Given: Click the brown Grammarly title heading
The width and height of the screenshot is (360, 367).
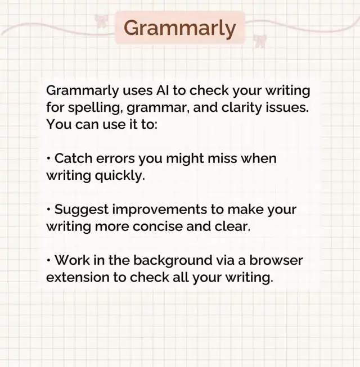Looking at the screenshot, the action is [179, 28].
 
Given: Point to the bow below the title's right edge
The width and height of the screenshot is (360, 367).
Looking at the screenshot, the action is [260, 41].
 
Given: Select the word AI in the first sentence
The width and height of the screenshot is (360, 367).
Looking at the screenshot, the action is [163, 90].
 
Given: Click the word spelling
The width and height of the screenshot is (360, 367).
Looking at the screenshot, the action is [96, 108].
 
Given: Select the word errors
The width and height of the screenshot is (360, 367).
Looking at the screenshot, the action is [115, 159].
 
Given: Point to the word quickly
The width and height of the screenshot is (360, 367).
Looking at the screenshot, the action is [120, 176].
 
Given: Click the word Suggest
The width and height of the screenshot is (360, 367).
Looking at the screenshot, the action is [81, 210].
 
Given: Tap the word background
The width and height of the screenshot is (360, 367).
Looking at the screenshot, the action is [173, 261].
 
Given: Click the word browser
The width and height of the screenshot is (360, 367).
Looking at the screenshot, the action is [276, 260].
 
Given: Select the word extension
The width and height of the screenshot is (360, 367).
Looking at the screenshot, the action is [78, 277].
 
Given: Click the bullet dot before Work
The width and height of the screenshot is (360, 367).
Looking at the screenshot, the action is [48, 260].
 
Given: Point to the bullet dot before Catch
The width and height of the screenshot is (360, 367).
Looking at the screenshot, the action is [48, 158].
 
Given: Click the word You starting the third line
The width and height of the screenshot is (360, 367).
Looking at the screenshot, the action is [59, 124].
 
